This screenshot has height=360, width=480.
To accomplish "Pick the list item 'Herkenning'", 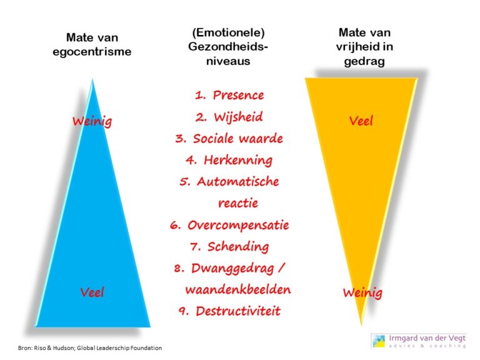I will (x=237, y=160).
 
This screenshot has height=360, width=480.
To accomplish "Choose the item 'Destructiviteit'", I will (x=237, y=311).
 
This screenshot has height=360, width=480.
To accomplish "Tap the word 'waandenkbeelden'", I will (x=238, y=290).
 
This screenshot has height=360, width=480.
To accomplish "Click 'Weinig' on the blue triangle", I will (x=92, y=121).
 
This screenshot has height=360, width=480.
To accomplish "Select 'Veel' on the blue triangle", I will (x=92, y=292).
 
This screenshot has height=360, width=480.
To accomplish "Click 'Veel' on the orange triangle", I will (x=361, y=121).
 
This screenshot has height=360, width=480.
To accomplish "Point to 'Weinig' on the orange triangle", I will (x=362, y=292).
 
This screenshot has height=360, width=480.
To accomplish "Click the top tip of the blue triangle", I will (x=94, y=80).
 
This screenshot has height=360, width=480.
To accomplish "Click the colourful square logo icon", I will (x=378, y=340).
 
